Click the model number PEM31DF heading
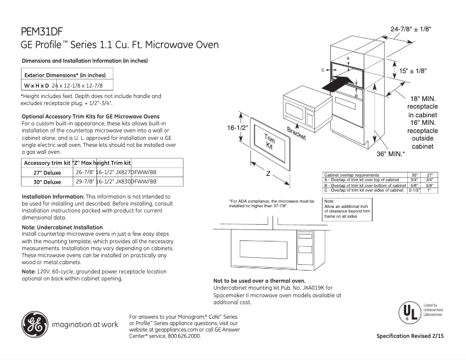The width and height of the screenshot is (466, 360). pyautogui.click(x=41, y=33)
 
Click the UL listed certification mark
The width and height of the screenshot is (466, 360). pyautogui.click(x=409, y=312)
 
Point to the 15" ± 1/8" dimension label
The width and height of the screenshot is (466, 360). pyautogui.click(x=413, y=70)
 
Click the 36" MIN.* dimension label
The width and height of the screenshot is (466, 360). pyautogui.click(x=392, y=154)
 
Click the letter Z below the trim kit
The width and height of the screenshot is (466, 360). pyautogui.click(x=268, y=174)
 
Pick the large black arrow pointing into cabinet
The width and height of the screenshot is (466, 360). pyautogui.click(x=337, y=84)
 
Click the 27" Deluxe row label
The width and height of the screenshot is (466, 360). pyautogui.click(x=47, y=173)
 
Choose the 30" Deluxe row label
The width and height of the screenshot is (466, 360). pyautogui.click(x=47, y=182)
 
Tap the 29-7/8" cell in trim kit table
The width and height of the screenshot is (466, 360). pyautogui.click(x=85, y=182)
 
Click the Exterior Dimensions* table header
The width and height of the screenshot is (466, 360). pyautogui.click(x=64, y=75)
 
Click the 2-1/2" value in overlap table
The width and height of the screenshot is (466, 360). pyautogui.click(x=414, y=190)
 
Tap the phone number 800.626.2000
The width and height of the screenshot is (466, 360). pyautogui.click(x=185, y=336)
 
